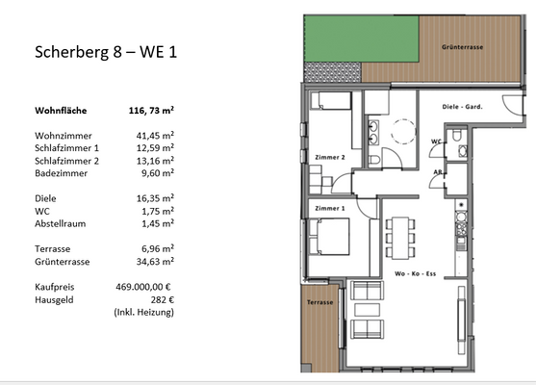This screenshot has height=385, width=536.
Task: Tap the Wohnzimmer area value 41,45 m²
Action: (153, 137)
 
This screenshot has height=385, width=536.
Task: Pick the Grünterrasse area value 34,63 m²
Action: (153, 260)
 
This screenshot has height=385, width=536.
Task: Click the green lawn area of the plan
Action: (332, 38)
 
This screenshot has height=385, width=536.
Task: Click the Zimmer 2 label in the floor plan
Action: (328, 155)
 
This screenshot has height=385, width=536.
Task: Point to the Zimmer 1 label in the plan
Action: (328, 207)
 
